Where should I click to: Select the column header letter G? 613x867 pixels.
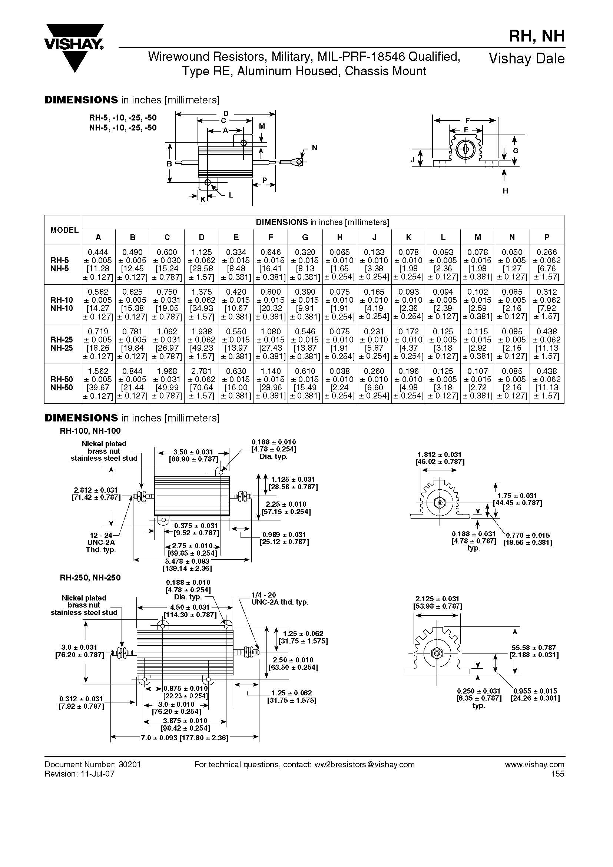coord(305,238)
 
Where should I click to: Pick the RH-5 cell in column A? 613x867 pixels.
coord(98,265)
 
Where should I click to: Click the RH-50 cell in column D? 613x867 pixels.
coord(202,384)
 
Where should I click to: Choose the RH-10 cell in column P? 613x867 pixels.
coord(547,304)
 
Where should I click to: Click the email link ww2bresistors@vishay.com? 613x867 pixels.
coord(364,765)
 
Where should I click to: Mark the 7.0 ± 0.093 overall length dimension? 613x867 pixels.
coord(185,738)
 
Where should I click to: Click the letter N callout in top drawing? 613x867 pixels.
coord(314,148)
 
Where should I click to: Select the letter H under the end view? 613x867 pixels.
coord(505,191)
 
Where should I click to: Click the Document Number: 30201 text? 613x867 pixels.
coord(93,765)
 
